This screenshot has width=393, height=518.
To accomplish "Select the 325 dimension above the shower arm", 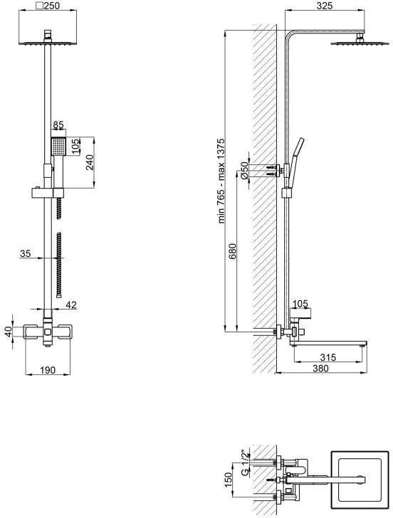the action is pos(324,6).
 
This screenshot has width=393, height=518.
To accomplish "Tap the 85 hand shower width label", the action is pos(58,125).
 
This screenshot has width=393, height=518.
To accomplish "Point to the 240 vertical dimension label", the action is pos(90,162).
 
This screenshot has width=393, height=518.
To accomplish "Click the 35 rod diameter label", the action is pos(25,253).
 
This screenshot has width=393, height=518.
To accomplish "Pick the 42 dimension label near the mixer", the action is pos(71,305).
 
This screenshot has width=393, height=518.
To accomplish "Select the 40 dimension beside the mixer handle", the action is pos(9,332).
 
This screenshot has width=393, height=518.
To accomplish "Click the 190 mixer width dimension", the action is pos(48,370).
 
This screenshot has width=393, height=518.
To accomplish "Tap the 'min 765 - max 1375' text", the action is pos(221,181).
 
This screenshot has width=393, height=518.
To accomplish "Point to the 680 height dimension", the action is pos(233,252).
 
